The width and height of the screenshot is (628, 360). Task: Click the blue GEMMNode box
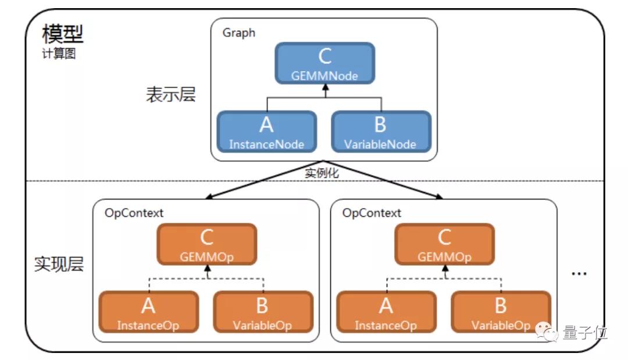tap(325, 63)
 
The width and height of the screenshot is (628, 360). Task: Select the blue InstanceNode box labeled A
tap(267, 132)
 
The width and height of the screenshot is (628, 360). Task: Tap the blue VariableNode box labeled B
tap(381, 132)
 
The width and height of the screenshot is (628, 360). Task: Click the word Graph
tap(239, 33)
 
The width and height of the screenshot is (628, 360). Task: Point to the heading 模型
tap(62, 34)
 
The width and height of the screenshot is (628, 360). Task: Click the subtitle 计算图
tap(59, 54)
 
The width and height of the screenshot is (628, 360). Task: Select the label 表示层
tap(170, 94)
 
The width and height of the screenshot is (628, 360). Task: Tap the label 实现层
tap(59, 264)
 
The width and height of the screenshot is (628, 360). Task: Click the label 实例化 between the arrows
tap(322, 173)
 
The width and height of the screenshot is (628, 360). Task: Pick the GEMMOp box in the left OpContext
tap(206, 244)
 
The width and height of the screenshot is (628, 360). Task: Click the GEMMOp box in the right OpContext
tap(445, 244)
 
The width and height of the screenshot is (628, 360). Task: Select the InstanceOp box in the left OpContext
tap(149, 312)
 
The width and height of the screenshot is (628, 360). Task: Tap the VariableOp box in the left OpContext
tap(263, 312)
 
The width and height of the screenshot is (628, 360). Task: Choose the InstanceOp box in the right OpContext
tap(387, 312)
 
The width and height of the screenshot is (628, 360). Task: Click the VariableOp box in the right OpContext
tap(501, 312)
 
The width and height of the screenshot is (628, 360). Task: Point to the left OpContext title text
tap(134, 213)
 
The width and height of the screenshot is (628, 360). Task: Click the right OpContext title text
tap(371, 213)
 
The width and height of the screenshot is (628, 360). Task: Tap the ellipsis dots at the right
tap(579, 274)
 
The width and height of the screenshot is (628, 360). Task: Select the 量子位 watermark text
tap(585, 332)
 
